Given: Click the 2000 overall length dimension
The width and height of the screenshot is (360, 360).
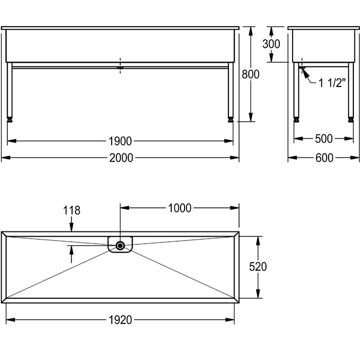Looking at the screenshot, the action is tap(121, 158).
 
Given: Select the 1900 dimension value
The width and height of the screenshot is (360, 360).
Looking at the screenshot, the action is tap(120, 141).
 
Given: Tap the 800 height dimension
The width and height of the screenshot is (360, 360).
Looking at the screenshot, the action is tap(250, 75).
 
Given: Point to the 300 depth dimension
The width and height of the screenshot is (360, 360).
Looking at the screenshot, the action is tap(271, 44).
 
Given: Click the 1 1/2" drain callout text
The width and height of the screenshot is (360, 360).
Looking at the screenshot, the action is tap(332, 83).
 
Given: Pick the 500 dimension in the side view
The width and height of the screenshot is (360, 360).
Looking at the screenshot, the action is tap(323, 139).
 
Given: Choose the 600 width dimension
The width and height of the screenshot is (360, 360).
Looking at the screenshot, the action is tap(324, 158).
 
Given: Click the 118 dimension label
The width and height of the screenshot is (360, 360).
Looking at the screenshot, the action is tap(71, 210).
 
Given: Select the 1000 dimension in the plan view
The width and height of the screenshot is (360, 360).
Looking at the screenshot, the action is tap(179, 208).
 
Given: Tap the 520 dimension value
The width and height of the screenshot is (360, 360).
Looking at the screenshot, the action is tap(258, 267).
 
